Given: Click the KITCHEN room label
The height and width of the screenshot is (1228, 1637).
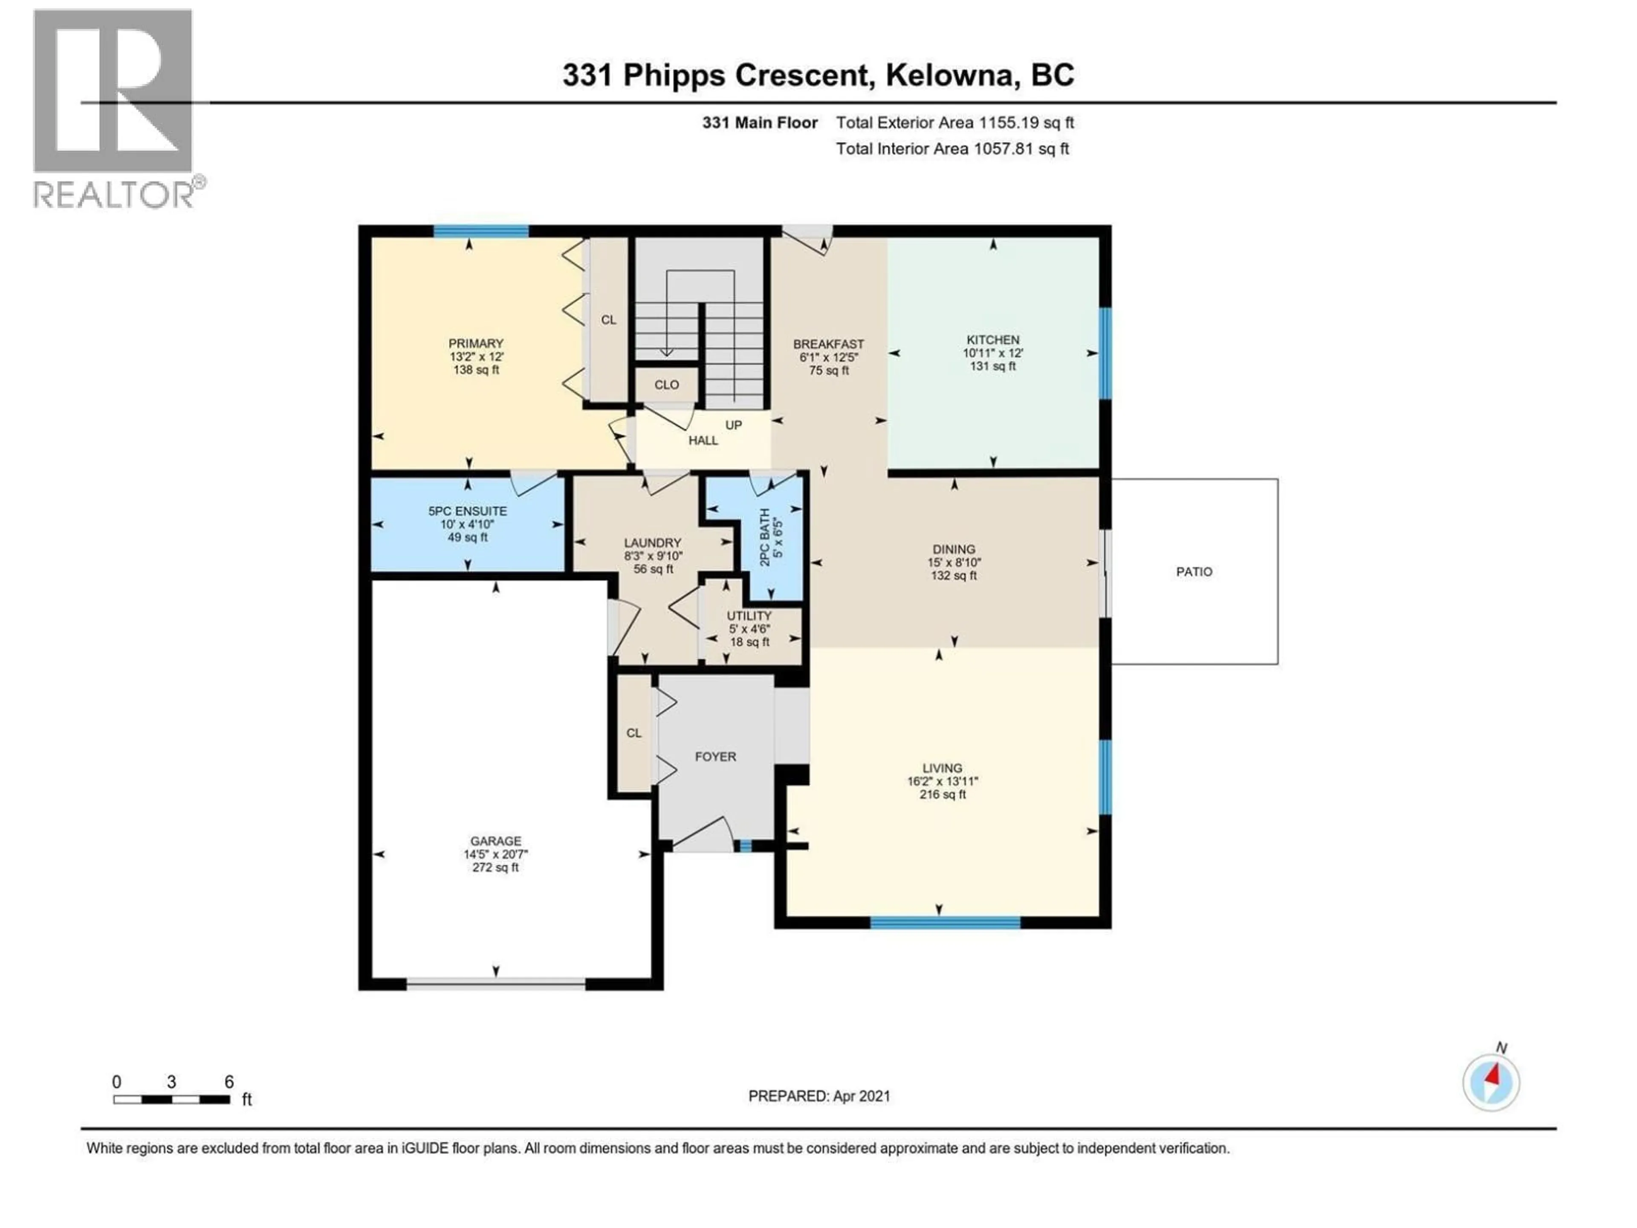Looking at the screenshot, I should (x=992, y=340).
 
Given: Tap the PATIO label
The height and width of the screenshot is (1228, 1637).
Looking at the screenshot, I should (x=1194, y=571).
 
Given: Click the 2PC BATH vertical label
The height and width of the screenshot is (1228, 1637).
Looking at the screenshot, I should (x=764, y=537).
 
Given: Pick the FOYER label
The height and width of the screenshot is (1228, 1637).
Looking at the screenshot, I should (x=715, y=756).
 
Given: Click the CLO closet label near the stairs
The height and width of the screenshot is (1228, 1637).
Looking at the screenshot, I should (x=666, y=385).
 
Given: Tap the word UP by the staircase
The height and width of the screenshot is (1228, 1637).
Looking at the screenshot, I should (x=733, y=425).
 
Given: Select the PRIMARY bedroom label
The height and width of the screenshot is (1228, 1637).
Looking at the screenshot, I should (x=475, y=343).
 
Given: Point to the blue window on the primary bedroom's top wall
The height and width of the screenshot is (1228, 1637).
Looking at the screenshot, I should (x=480, y=231).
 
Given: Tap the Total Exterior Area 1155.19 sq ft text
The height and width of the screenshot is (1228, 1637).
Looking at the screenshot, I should (x=954, y=123).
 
